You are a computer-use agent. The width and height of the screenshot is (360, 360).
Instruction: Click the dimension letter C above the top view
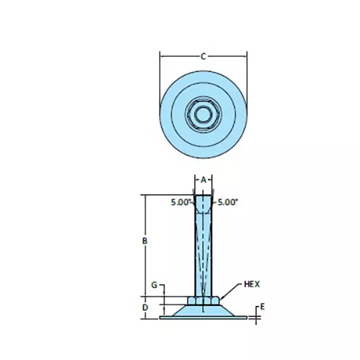203,55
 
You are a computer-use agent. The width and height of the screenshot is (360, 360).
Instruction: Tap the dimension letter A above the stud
203,179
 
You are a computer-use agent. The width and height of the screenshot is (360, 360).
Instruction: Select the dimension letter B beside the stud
145,241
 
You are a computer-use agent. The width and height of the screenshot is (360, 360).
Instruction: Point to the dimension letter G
153,286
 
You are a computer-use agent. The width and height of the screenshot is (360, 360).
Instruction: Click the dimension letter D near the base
145,307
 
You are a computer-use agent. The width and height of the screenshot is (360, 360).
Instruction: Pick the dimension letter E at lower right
263,307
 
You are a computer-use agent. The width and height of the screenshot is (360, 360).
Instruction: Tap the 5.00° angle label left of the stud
181,202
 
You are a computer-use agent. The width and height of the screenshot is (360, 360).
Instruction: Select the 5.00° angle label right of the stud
227,202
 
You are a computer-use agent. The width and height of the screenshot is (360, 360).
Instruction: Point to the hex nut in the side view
203,300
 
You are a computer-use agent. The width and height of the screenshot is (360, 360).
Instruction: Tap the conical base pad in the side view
203,310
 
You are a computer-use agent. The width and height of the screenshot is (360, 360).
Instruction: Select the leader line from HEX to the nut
230,292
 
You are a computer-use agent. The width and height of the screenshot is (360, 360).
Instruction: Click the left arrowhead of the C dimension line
161,55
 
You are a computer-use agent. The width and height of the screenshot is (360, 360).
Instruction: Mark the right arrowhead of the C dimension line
246,55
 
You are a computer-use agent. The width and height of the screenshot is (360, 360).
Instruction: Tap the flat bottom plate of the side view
203,315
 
